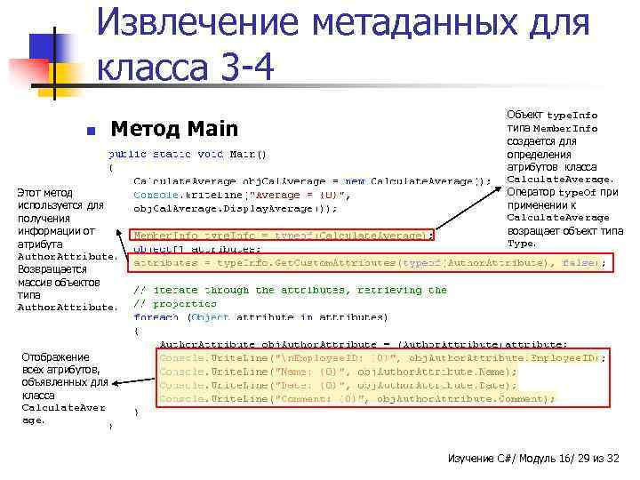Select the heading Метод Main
pyautogui.click(x=174, y=130)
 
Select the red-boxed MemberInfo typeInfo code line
pyautogui.click(x=283, y=236)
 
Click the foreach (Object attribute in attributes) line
pyautogui.click(x=260, y=316)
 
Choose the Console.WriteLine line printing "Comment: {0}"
pyautogui.click(x=356, y=399)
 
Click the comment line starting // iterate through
pyautogui.click(x=290, y=290)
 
